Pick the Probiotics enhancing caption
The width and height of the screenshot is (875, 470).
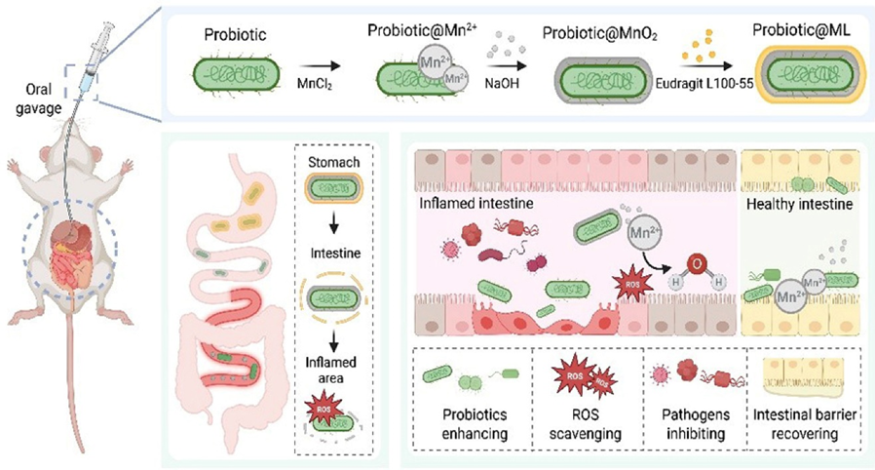470,434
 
